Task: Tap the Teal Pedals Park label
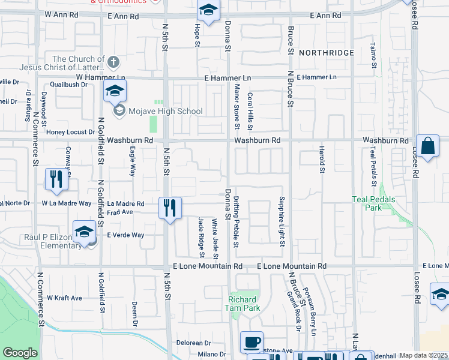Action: click(366, 203)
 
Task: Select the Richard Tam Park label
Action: click(243, 304)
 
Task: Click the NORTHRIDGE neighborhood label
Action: click(327, 53)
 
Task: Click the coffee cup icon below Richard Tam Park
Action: click(252, 342)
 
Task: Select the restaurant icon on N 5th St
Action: click(170, 208)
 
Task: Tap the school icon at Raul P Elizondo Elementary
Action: click(85, 232)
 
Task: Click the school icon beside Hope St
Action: click(208, 10)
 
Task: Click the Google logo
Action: click(20, 353)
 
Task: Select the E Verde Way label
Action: click(125, 235)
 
